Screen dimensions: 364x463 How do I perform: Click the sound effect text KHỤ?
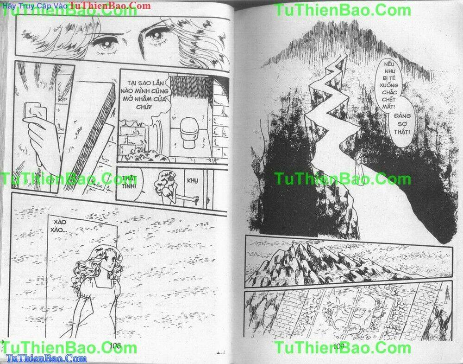[x=192, y=180]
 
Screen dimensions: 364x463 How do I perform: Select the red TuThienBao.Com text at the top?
[x=110, y=6]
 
